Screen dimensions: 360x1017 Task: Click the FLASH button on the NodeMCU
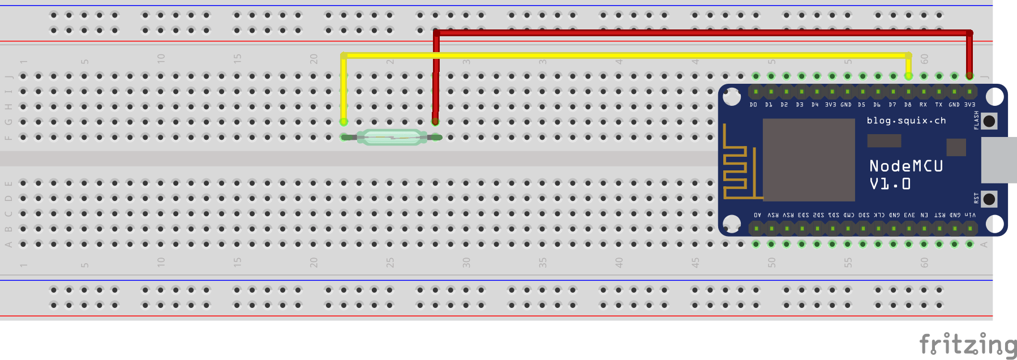[989, 121]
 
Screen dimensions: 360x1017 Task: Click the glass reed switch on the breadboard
[392, 137]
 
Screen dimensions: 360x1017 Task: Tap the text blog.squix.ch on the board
[906, 120]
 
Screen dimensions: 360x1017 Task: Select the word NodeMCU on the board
[906, 166]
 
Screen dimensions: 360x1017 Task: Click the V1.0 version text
[890, 184]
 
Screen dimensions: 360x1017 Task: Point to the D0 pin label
[753, 105]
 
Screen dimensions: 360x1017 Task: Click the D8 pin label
[908, 105]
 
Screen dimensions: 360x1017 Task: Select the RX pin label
[923, 105]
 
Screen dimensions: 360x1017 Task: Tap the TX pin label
[938, 105]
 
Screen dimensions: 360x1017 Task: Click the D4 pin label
[815, 105]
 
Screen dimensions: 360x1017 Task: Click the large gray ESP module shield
[808, 160]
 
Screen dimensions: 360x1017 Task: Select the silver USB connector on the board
[998, 160]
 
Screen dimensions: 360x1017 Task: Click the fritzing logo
[967, 345]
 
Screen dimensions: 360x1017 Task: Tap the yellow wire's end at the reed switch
[344, 121]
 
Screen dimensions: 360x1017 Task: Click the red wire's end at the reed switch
[435, 121]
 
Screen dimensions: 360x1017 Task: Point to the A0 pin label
[757, 215]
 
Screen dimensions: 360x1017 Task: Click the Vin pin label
[970, 215]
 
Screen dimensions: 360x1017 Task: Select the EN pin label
[924, 215]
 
